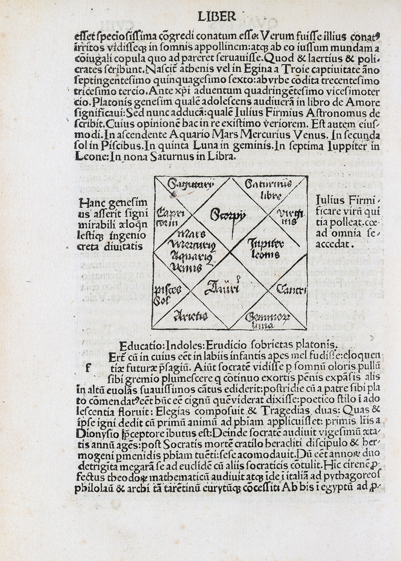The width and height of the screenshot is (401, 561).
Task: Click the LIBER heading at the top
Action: pos(217,17)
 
